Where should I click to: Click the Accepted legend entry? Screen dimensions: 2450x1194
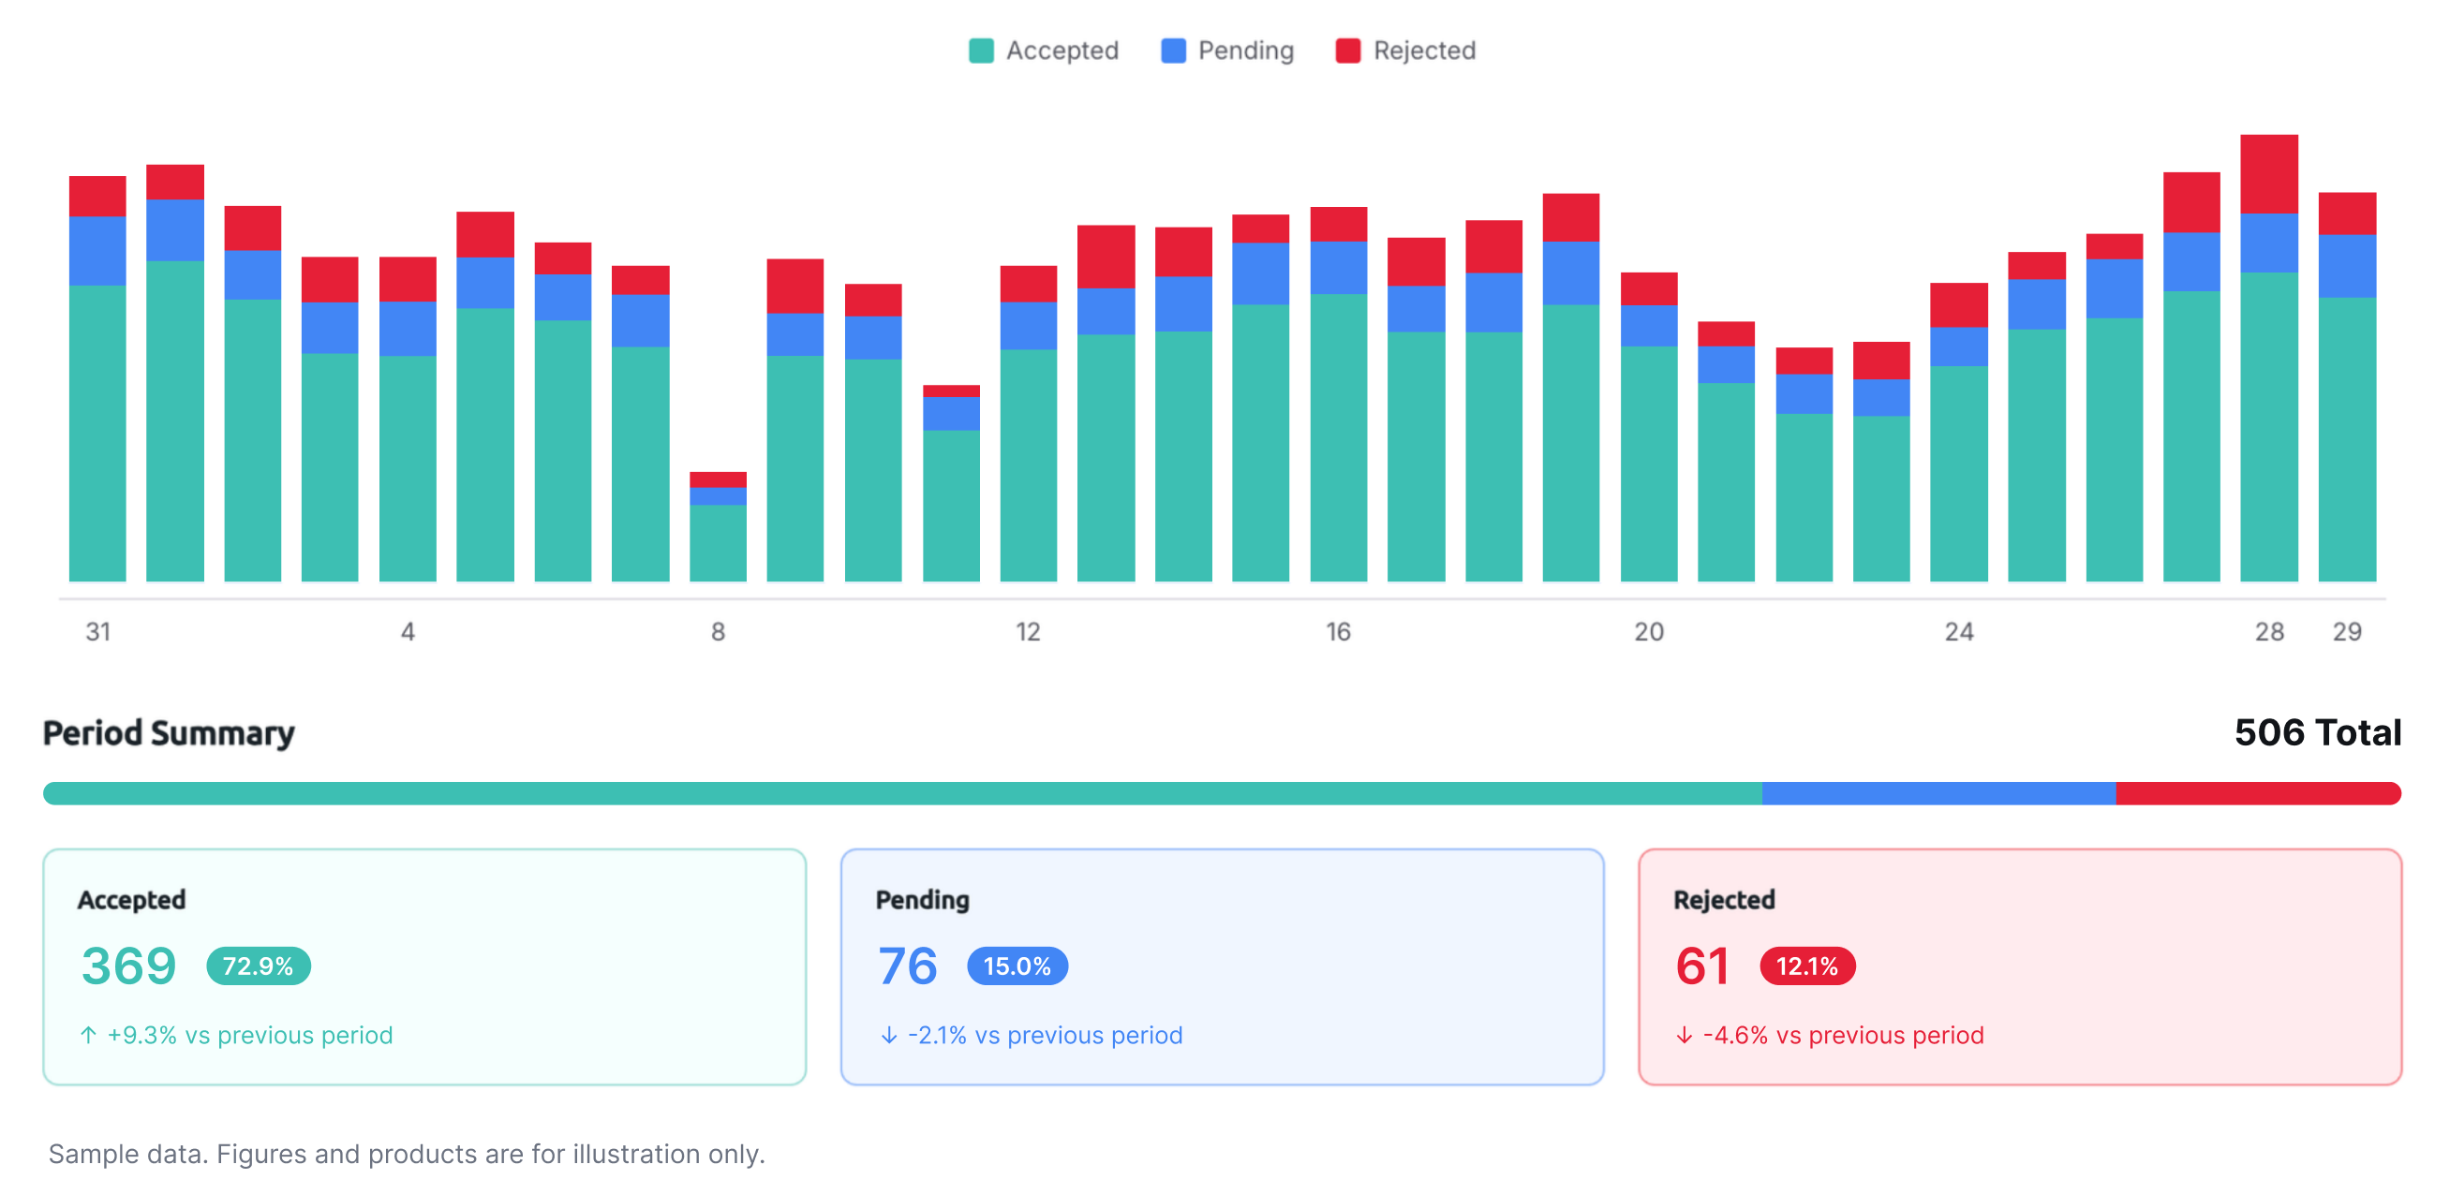[x=1044, y=51]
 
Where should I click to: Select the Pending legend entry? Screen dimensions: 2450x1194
[x=1227, y=51]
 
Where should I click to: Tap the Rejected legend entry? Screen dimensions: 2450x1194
[x=1404, y=51]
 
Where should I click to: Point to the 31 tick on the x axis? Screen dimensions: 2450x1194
[x=98, y=632]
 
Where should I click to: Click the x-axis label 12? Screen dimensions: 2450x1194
[x=1028, y=632]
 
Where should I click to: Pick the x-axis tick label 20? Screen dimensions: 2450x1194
[x=1649, y=632]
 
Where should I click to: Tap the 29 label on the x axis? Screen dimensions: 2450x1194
[x=2347, y=632]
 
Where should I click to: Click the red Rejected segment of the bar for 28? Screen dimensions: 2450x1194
[x=2269, y=174]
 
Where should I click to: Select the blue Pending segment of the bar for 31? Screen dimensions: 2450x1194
[x=98, y=251]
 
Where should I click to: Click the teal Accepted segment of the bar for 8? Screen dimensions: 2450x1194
[x=718, y=543]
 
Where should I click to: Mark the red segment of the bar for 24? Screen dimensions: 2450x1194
[x=1959, y=305]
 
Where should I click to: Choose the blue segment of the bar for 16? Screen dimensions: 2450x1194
[x=1339, y=268]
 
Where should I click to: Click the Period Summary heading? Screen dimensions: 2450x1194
[x=170, y=733]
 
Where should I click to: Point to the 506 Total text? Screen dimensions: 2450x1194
[x=2318, y=733]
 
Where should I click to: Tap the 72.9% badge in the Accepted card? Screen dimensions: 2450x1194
[x=259, y=966]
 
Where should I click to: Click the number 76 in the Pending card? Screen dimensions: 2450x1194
[x=908, y=966]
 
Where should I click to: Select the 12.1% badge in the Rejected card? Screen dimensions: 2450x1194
[x=1807, y=966]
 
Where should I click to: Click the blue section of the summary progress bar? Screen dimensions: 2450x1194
[x=1939, y=794]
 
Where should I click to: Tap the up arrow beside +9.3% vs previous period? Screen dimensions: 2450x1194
[x=88, y=1035]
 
